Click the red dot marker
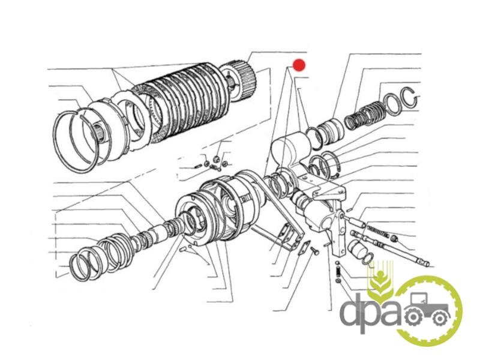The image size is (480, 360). pyautogui.click(x=299, y=65)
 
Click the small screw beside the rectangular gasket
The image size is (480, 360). pyautogui.click(x=314, y=251)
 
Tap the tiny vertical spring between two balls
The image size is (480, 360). pyautogui.click(x=337, y=271)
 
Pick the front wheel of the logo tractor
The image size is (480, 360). pyautogui.click(x=440, y=319)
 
